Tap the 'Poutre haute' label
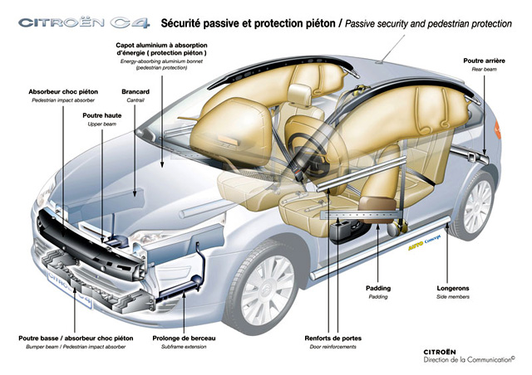[103, 115]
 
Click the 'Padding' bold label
[377, 289]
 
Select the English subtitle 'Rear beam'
[485, 70]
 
